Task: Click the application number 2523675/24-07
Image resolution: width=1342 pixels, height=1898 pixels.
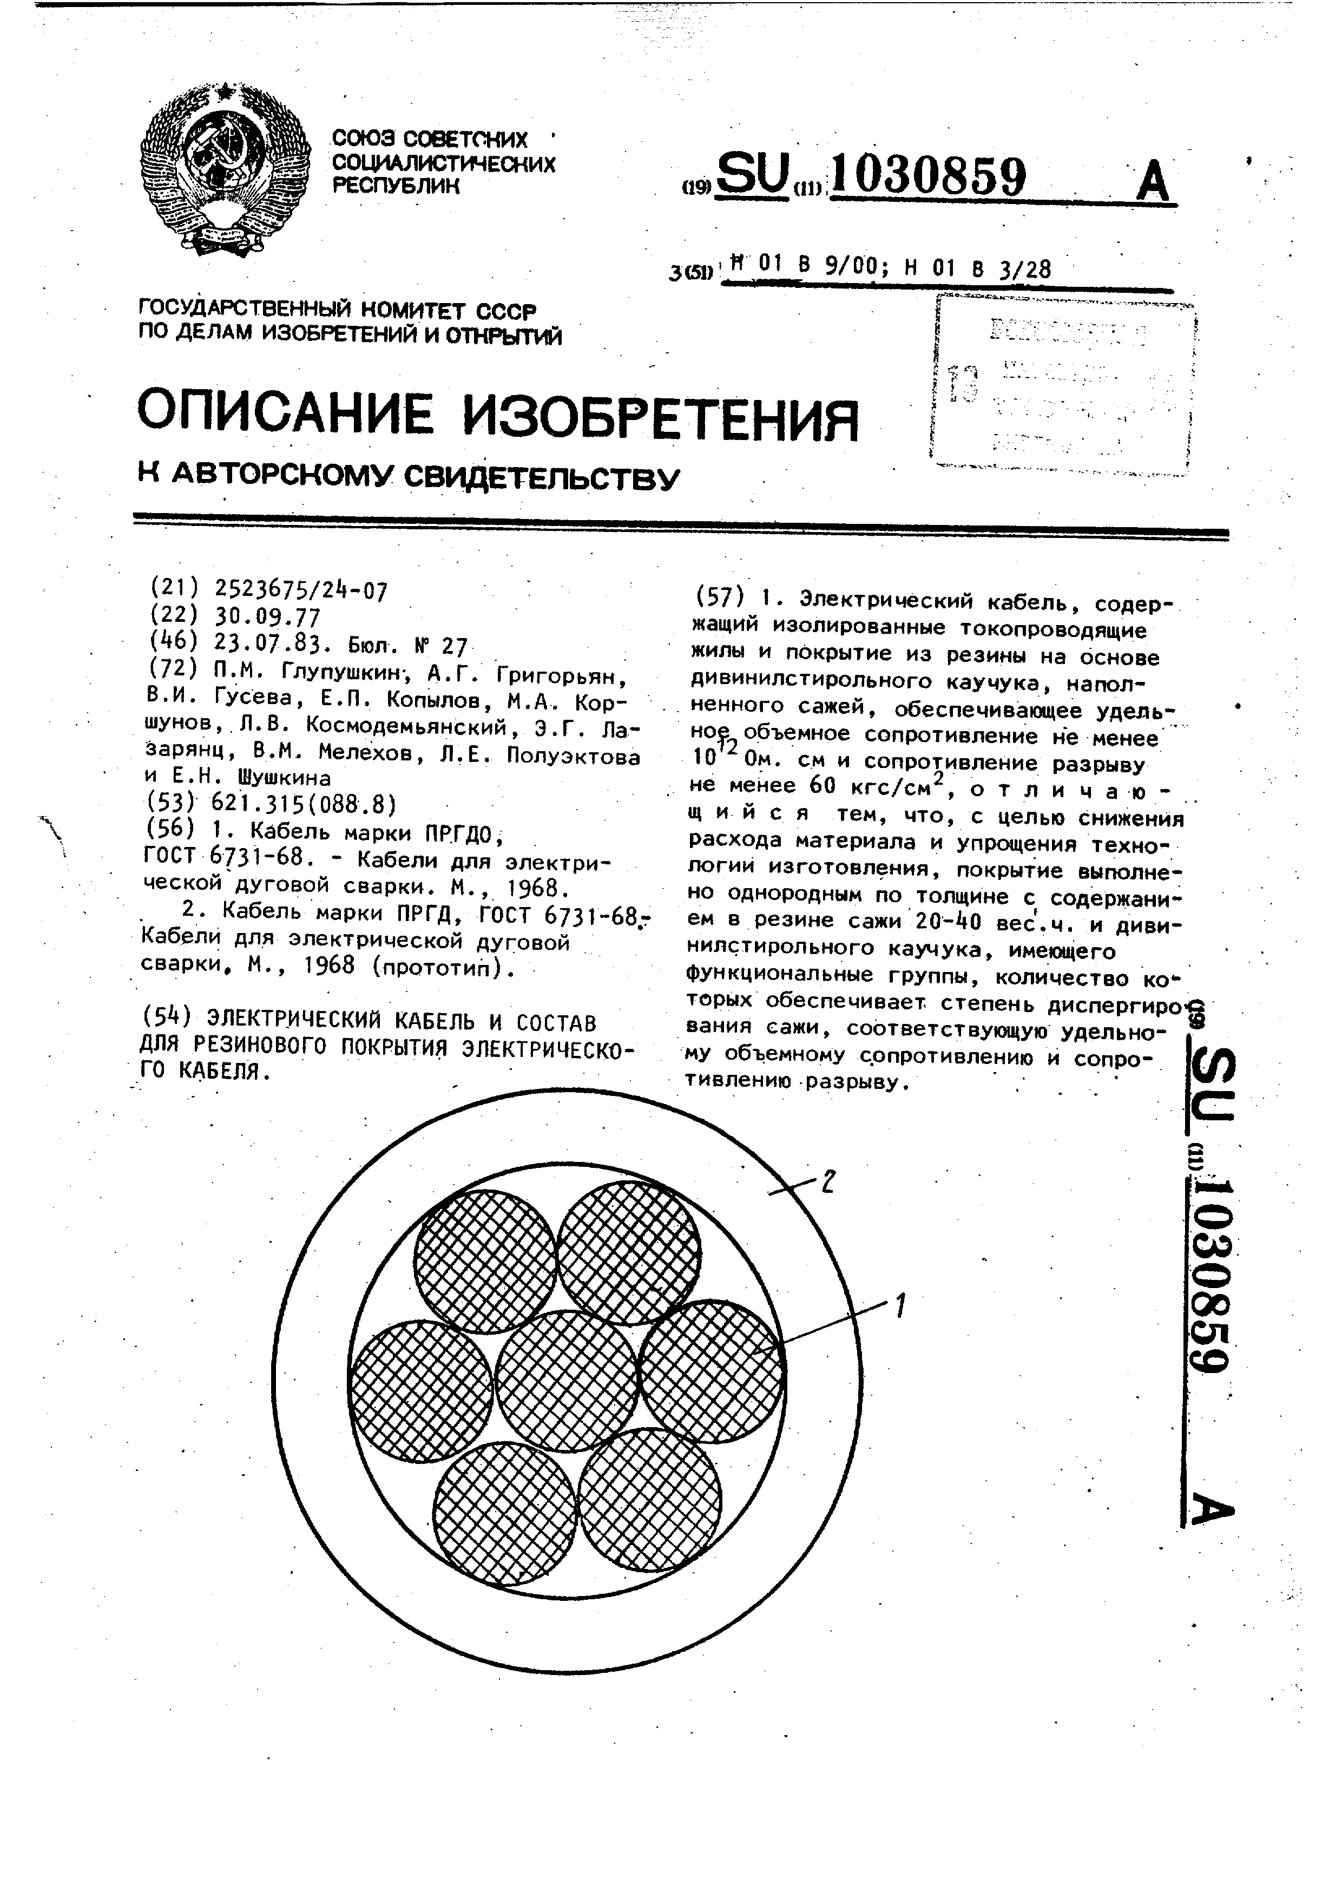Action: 301,589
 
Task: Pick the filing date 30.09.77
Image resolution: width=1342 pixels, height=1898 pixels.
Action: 267,616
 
